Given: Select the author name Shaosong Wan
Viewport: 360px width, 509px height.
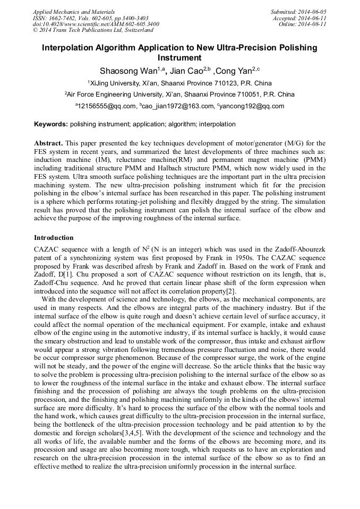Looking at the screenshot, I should pos(124,71).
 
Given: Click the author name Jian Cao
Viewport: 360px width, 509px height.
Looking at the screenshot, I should pos(186,71).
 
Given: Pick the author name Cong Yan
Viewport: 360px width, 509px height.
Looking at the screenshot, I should pos(235,71).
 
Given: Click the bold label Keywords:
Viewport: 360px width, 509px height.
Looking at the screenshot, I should pos(51,124).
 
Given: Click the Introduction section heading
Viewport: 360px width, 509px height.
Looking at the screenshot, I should pos(54,237).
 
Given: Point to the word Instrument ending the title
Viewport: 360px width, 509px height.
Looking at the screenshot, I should pos(179,58).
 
